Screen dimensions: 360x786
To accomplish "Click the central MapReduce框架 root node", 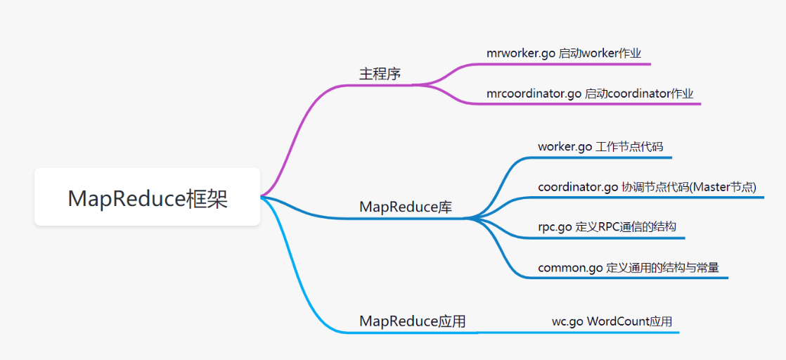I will coord(148,198).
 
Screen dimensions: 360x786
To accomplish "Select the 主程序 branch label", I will coord(380,74).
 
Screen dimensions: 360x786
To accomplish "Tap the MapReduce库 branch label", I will coord(406,207).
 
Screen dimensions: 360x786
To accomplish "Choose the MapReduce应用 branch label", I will coord(412,321).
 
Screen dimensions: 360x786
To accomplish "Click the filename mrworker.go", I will coord(521,53).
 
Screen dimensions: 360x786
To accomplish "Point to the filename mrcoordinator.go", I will coord(534,94).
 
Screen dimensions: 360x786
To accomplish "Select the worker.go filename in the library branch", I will coord(565,147).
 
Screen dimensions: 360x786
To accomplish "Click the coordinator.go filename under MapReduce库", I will coord(578,187).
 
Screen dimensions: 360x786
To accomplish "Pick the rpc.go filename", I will coord(555,228).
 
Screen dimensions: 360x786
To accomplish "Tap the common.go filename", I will coord(570,268).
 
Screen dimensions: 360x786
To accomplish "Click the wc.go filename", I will coord(567,321).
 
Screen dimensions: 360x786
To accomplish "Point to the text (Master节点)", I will coord(722,187).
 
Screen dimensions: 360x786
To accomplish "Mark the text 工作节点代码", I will coord(629,147).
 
